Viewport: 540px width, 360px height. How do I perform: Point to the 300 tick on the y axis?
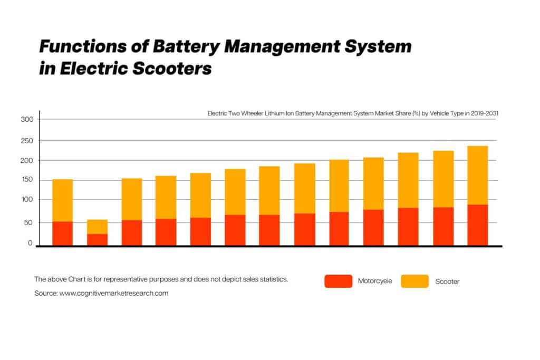27,120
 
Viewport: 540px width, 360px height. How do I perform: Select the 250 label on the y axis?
27,141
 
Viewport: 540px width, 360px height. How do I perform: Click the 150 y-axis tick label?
27,180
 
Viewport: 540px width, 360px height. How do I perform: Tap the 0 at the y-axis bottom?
31,244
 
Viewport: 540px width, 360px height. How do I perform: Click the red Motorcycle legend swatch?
337,281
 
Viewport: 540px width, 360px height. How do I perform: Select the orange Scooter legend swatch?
414,281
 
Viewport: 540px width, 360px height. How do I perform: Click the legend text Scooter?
447,281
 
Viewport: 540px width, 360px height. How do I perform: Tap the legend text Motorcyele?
375,281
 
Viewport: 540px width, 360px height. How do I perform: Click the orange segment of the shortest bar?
97,227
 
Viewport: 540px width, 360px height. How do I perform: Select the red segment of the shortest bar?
97,239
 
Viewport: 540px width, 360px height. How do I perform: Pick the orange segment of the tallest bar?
477,175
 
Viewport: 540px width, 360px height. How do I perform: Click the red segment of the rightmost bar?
477,225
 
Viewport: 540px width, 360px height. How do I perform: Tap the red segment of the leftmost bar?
62,233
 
